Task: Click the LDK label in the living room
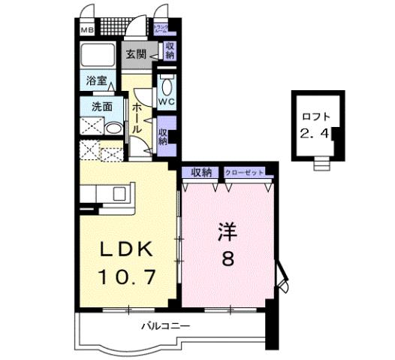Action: pyautogui.click(x=125, y=250)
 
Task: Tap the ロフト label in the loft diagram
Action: pyautogui.click(x=315, y=116)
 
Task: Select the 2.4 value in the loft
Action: pyautogui.click(x=315, y=135)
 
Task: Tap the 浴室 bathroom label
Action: pyautogui.click(x=96, y=80)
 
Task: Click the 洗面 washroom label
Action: pyautogui.click(x=102, y=107)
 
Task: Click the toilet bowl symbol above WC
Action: pyautogui.click(x=167, y=81)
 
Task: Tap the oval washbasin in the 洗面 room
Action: pyautogui.click(x=113, y=129)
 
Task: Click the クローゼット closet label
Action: pyautogui.click(x=245, y=173)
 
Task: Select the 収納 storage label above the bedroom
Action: pyautogui.click(x=202, y=173)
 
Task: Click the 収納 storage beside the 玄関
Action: pyautogui.click(x=170, y=51)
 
